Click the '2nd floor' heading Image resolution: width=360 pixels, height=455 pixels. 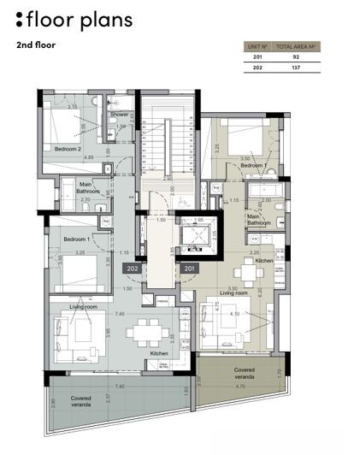tap(35, 44)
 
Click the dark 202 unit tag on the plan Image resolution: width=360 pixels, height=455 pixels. tap(133, 269)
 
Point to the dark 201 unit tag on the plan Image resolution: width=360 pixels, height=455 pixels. tap(189, 269)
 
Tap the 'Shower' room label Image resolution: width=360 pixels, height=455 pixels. tap(119, 114)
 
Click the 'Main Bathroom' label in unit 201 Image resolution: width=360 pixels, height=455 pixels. tap(259, 221)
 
